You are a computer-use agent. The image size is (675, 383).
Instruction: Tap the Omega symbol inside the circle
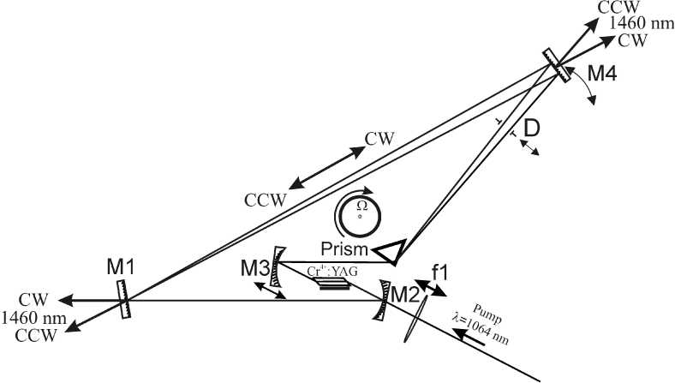pos(361,206)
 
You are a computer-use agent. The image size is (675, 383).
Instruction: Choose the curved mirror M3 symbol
pos(275,272)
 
